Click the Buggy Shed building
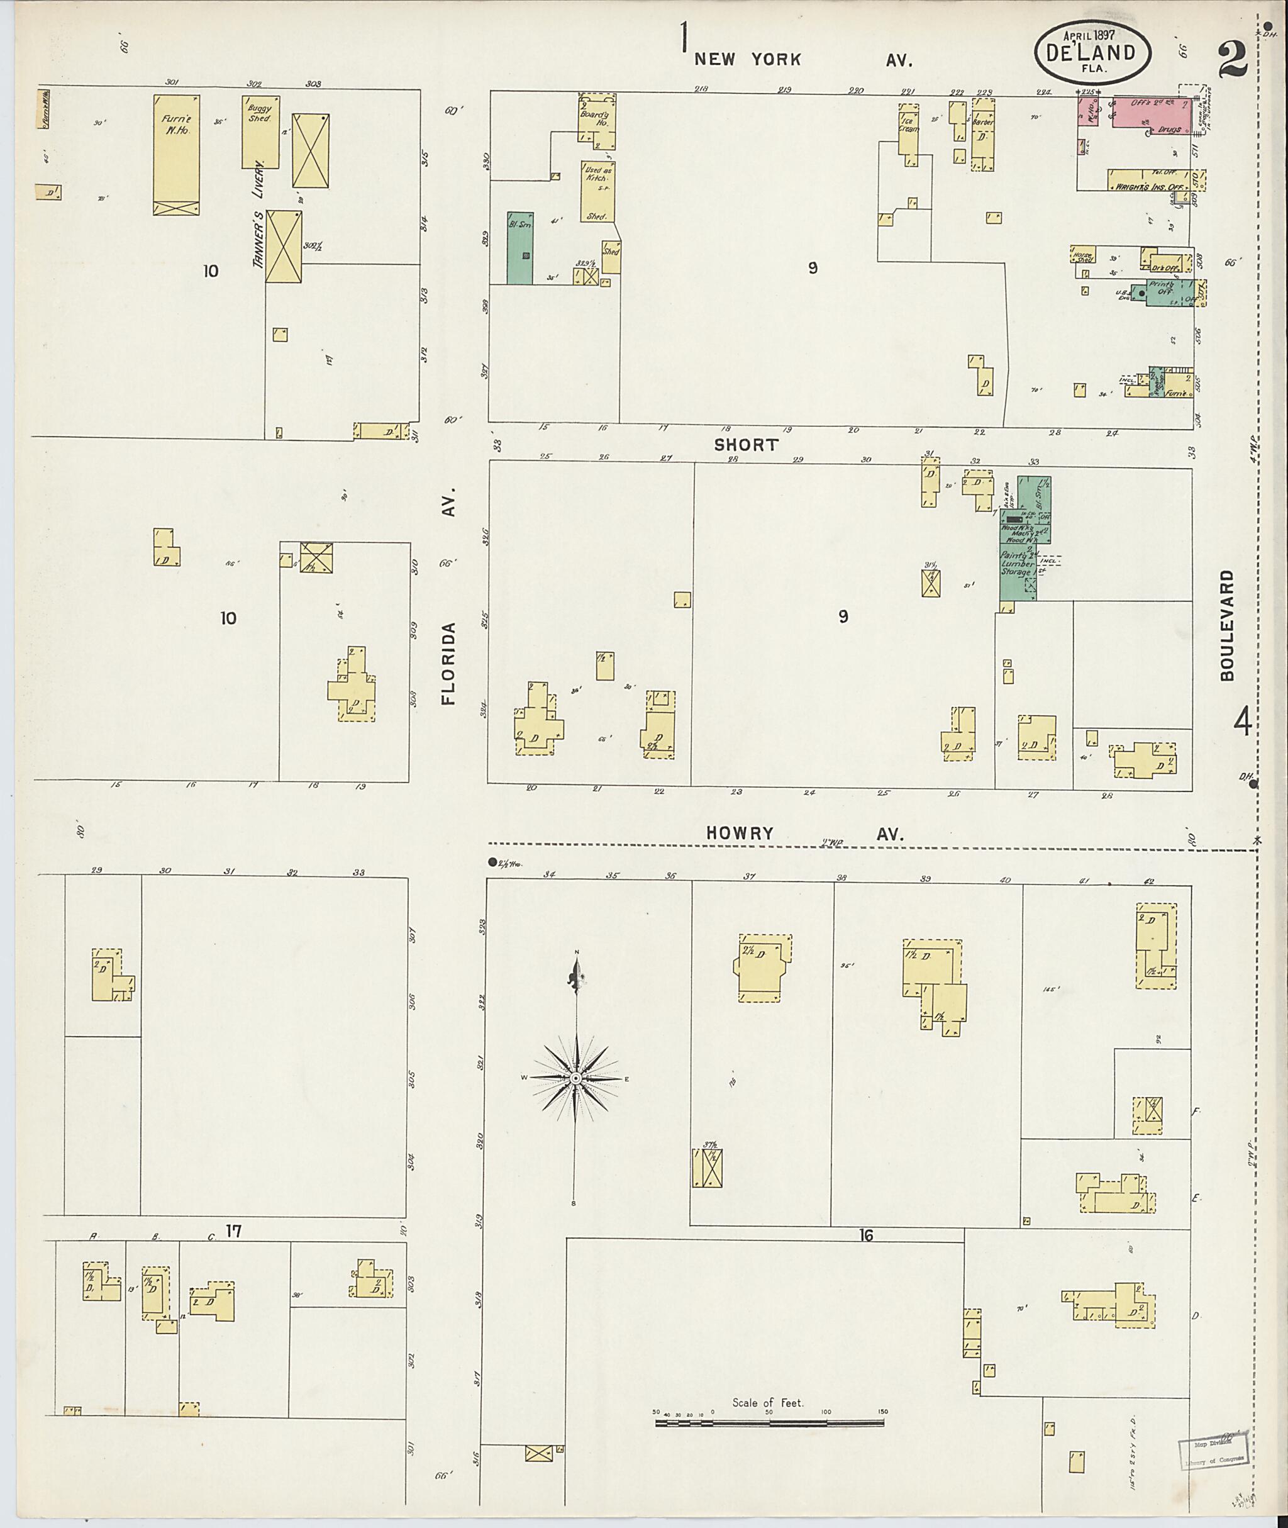260,131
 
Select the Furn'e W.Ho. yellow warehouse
176,153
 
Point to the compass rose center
576,1078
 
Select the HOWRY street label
739,834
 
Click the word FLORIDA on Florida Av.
448,662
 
